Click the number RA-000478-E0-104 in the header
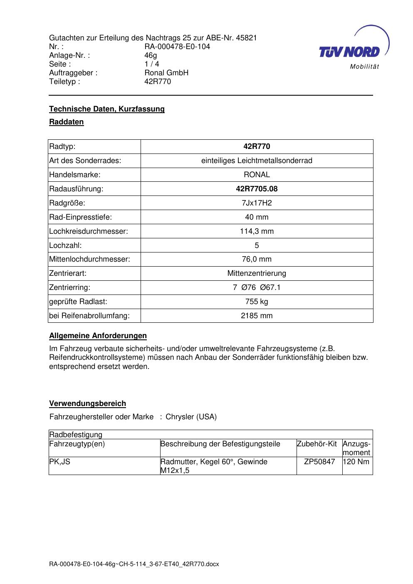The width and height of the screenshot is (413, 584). pos(177,47)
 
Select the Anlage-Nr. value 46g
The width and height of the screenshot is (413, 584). pos(151,55)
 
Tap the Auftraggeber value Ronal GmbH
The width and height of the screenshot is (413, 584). pos(166,73)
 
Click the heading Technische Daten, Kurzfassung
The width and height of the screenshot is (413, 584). pos(107,109)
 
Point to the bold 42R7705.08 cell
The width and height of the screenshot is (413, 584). pos(257,189)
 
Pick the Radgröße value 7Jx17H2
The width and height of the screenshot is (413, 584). pos(257,203)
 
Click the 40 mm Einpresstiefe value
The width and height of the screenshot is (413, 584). pos(257,217)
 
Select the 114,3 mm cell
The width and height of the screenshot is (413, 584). pos(257,231)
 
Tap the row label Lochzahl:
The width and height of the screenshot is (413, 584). pos(65,245)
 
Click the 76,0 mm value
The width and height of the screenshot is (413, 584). pos(257,260)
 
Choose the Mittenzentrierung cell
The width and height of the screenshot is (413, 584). pos(257,274)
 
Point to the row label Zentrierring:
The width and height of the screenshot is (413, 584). pos(69,287)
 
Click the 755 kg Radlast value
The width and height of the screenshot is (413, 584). pos(257,302)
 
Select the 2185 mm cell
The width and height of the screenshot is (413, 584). pos(257,316)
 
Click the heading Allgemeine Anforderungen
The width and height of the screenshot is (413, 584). pos(98,336)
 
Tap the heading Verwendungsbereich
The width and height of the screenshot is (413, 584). pos(87,403)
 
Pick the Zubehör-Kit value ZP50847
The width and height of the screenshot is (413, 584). pos(319,462)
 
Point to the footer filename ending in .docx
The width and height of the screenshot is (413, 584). pos(134,564)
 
